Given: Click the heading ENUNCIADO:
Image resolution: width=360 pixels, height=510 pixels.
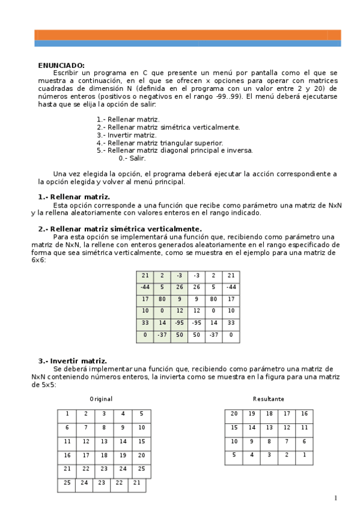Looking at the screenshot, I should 61,66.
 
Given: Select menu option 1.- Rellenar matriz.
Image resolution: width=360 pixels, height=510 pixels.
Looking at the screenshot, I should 128,120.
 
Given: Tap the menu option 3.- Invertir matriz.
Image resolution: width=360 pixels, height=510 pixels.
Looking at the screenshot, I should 126,135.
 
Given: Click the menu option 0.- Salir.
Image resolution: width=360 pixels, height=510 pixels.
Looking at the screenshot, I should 132,159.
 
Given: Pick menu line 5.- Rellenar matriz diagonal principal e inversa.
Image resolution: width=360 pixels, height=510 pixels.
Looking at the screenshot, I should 174,151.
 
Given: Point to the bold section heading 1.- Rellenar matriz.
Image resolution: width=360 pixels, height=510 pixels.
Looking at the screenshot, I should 74,197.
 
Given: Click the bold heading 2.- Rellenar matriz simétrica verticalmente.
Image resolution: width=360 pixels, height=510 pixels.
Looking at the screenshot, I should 120,229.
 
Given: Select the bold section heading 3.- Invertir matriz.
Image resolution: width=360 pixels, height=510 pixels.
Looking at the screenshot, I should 73,361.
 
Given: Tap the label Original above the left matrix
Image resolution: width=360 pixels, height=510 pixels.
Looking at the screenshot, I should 101,399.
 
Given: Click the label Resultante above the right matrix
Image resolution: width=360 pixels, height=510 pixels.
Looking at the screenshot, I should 269,399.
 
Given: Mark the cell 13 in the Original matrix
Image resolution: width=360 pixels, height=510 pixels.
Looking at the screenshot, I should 104,441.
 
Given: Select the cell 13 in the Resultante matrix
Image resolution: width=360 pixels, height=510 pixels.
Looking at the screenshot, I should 269,428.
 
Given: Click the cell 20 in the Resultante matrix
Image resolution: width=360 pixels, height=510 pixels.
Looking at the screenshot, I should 234,414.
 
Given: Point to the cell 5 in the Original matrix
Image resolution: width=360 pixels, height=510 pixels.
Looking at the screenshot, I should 141,414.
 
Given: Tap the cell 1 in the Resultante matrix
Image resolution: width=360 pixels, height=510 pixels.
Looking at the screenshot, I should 304,455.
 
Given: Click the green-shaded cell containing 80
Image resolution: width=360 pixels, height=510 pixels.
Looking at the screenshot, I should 162,298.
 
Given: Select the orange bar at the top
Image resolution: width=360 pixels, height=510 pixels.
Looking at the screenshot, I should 188,35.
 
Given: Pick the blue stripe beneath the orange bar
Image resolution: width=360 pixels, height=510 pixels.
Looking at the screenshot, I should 188,43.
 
